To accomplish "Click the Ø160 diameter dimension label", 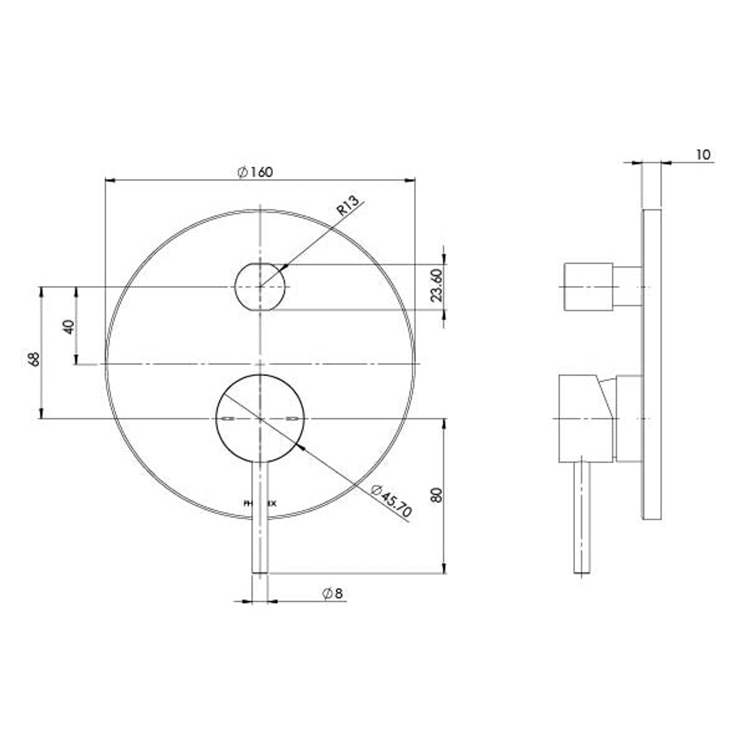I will point(255,172).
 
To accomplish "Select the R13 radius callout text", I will point(349,207).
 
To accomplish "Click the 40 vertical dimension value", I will point(68,325).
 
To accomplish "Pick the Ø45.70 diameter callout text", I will point(391,502).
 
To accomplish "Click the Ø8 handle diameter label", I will point(333,593).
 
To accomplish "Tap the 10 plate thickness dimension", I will point(703,154).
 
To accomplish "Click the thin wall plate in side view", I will point(652,364).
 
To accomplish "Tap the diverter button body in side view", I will point(588,286).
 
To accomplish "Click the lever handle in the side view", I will point(583,515).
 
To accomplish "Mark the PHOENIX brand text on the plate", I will point(261,503).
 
